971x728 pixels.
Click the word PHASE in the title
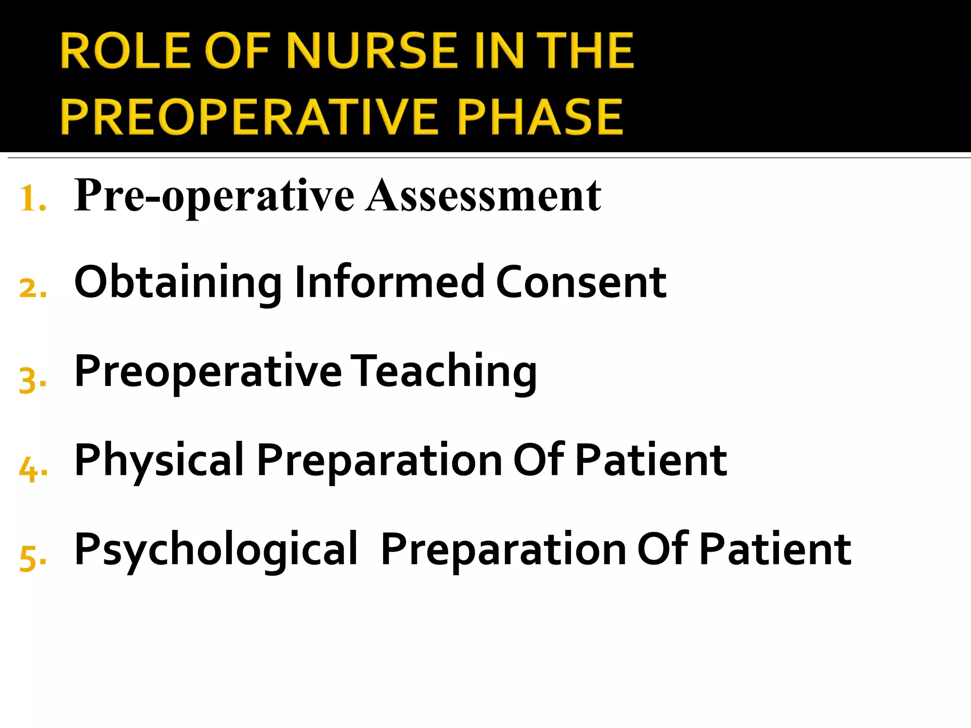540,117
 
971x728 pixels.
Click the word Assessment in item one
483,195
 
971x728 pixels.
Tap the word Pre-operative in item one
214,195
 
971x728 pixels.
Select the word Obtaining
178,282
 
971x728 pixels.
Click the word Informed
389,282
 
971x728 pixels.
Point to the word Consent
581,282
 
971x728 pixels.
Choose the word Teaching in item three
446,372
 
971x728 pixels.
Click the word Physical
159,460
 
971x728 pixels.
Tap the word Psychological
216,550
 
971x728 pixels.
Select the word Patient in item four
651,460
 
